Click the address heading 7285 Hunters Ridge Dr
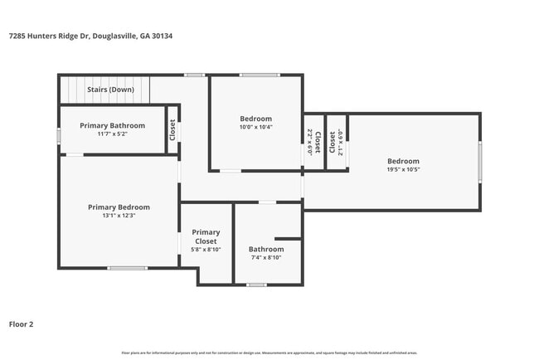coord(90,36)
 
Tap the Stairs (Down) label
coord(110,89)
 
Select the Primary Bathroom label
coord(112,125)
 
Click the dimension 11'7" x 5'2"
coord(112,134)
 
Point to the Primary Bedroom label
coord(119,207)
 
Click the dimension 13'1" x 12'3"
coord(119,216)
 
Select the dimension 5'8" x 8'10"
coord(206,250)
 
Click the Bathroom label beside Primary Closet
coord(266,249)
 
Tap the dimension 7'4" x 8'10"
coord(266,257)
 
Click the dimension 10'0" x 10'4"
coord(255,127)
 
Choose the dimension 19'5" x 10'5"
coord(403,169)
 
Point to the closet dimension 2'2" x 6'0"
coord(309,143)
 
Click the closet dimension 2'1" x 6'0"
coord(340,143)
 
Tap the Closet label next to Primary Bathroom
coord(172,129)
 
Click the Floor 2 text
coord(21,324)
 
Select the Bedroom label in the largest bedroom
coord(403,161)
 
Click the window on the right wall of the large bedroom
coord(479,162)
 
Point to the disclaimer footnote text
coord(269,353)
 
